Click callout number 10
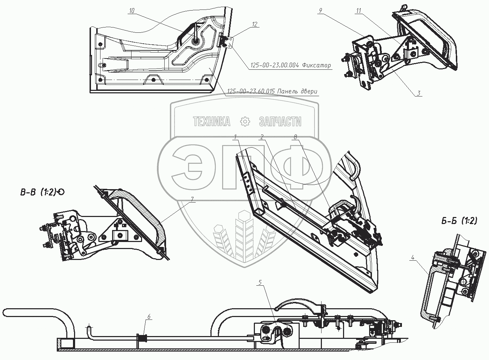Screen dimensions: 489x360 pos(132,11)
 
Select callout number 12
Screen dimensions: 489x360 pos(255,24)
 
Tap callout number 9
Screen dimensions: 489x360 pos(320,11)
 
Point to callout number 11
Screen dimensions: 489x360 pos(359,11)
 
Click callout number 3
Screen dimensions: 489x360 pos(419,93)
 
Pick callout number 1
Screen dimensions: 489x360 pos(235,137)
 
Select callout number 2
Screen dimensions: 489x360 pos(262,137)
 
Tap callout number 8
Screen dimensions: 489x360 pos(295,137)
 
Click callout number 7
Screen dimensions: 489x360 pos(192,199)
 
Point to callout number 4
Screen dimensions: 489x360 pos(412,257)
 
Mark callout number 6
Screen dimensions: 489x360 pos(149,317)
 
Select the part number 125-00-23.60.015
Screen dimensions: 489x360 pos(251,91)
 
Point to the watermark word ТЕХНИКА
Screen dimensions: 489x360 pos(211,122)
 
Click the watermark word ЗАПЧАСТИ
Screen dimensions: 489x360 pos(280,122)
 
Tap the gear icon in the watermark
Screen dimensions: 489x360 pos(245,122)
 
